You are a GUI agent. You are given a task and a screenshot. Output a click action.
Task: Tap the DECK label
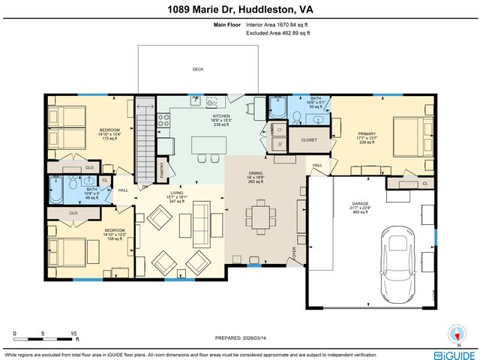point(198,69)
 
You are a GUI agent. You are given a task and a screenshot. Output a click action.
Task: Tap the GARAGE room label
point(361,204)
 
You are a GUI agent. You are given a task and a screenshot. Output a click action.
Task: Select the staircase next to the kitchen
point(142,142)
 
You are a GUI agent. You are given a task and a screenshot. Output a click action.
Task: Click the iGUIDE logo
point(454,353)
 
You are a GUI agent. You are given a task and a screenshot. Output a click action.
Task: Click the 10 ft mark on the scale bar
point(73,334)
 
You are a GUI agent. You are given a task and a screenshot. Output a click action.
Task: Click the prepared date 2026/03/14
point(240,336)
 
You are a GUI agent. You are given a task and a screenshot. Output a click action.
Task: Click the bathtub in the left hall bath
point(57,190)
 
